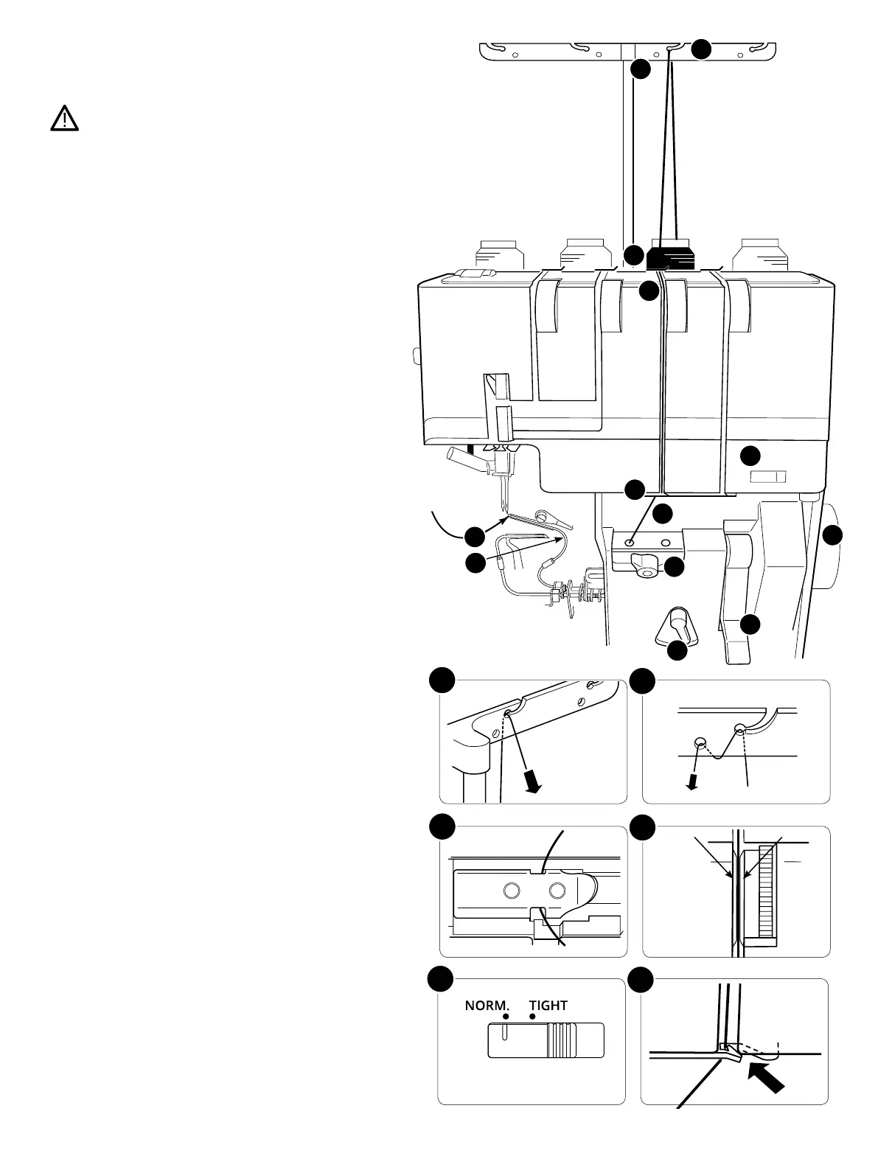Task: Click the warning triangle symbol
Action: click(65, 118)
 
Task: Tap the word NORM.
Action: click(487, 1005)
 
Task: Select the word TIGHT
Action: click(548, 1005)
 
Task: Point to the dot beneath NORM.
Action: click(506, 1017)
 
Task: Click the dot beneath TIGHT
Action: click(532, 1017)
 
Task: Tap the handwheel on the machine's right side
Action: click(829, 546)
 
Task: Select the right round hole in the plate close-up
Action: click(557, 891)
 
